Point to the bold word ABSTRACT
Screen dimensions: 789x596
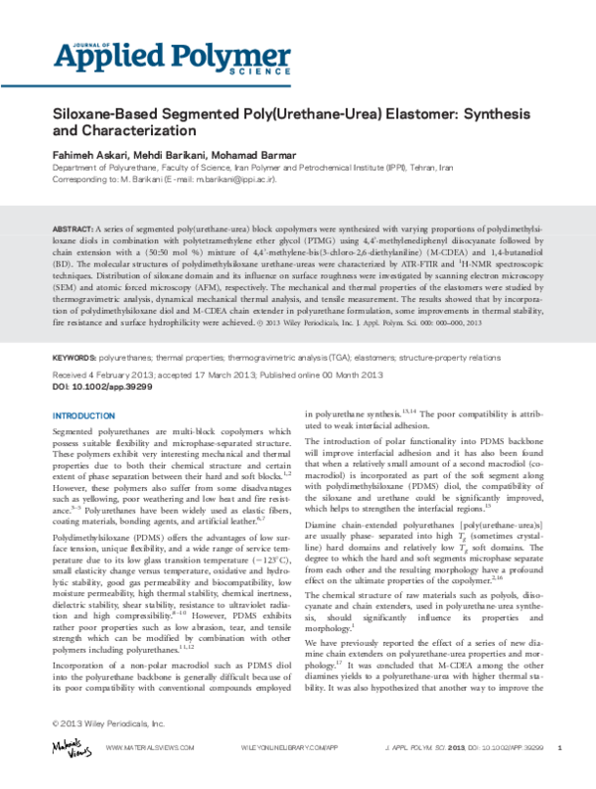point(73,229)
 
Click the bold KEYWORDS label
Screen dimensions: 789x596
point(74,356)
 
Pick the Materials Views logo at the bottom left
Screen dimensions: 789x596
point(68,745)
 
